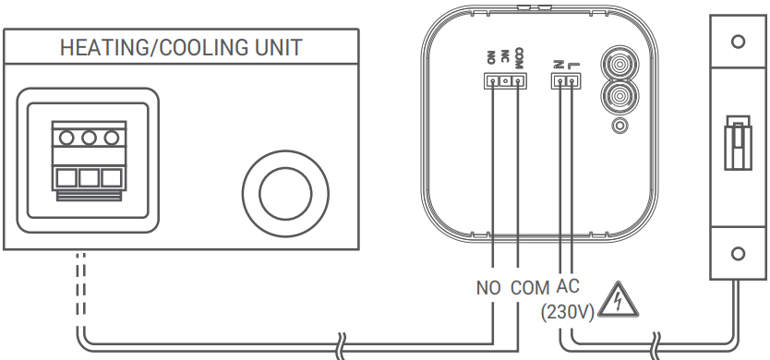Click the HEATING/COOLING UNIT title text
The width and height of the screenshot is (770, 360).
[181, 48]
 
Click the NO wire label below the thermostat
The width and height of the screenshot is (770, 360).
[487, 287]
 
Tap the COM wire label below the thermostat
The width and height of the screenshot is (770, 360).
[529, 287]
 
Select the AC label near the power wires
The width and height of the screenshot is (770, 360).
[569, 285]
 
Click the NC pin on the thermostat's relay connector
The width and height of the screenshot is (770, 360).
[505, 81]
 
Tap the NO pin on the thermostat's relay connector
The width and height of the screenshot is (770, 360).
[493, 81]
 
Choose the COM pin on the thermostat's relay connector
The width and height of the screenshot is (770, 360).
[518, 81]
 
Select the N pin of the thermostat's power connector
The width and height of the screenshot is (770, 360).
[559, 81]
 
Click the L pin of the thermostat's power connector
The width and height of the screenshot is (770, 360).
[571, 81]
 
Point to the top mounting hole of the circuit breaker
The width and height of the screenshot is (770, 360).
[737, 42]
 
